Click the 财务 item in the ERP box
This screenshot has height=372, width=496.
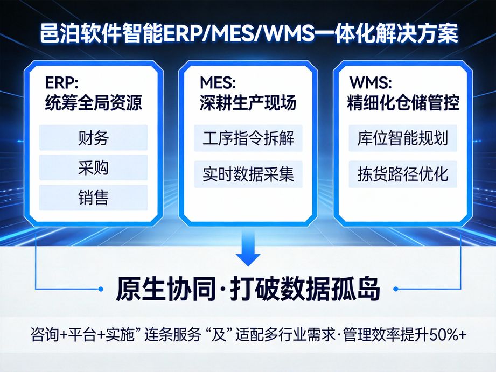tap(93, 138)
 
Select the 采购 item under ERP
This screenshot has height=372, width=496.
tap(93, 168)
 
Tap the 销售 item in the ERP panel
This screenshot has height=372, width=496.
tap(93, 198)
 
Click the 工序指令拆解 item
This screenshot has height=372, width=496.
tap(248, 138)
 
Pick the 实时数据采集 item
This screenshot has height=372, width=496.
tap(248, 174)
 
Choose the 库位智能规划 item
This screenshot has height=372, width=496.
tap(403, 138)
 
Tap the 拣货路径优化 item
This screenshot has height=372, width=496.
tap(403, 174)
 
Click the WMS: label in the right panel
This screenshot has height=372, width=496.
tap(371, 83)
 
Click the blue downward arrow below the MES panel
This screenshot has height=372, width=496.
tap(248, 250)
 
